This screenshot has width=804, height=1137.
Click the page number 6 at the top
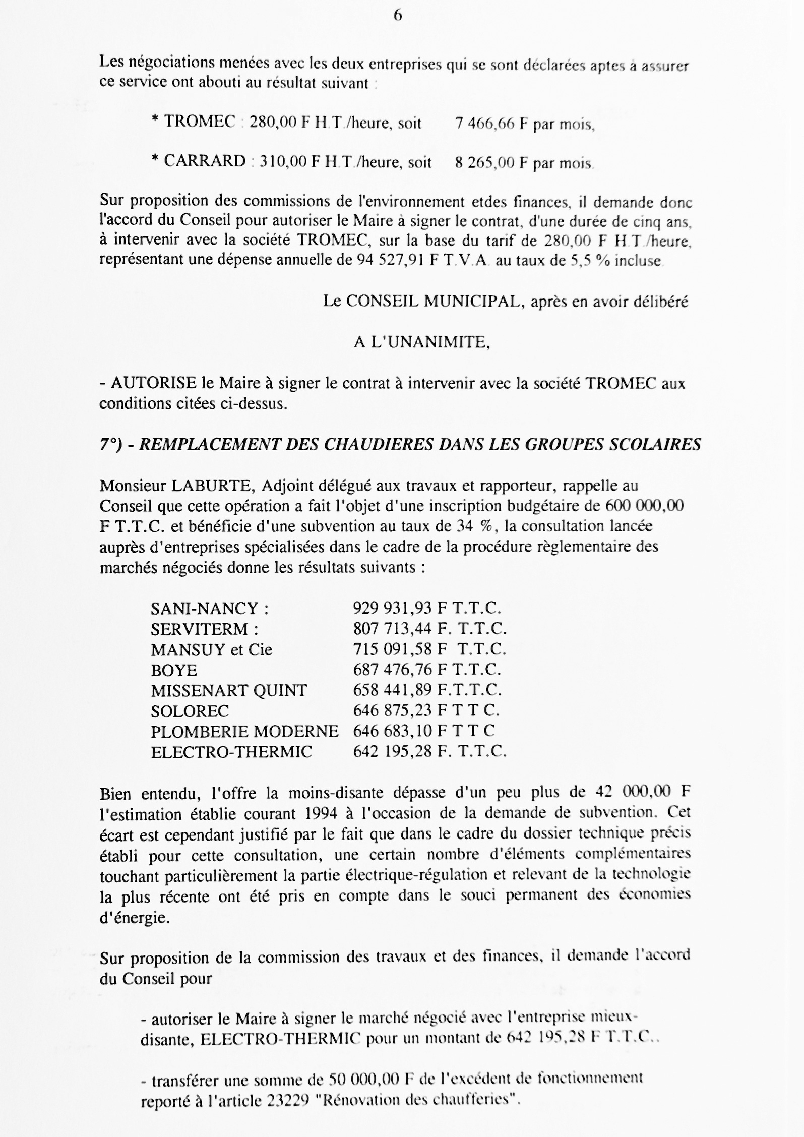click(x=397, y=16)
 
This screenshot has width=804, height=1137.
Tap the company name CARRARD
click(x=205, y=161)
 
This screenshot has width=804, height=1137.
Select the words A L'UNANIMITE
click(x=421, y=342)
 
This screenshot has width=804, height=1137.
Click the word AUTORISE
click(x=153, y=383)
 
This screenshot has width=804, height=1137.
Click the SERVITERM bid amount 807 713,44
click(x=392, y=629)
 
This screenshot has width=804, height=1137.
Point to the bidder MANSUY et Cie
click(x=211, y=649)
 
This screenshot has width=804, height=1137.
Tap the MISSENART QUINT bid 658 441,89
click(x=392, y=690)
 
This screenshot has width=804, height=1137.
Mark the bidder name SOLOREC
click(x=190, y=711)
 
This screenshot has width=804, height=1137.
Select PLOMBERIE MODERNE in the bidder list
click(x=244, y=731)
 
